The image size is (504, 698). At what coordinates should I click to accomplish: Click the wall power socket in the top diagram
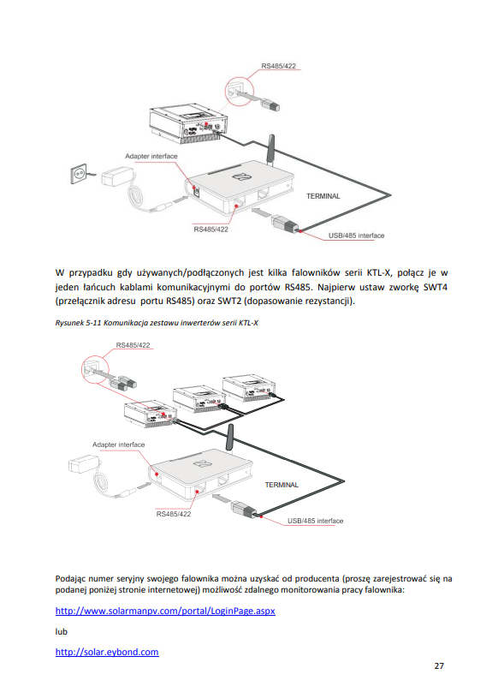point(80,174)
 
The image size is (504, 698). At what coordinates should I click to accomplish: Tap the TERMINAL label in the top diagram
point(323,196)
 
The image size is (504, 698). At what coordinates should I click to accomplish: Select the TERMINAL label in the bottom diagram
point(282,485)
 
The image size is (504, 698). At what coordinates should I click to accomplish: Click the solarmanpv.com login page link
point(165,611)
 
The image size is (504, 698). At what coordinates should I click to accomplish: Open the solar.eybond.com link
point(107,652)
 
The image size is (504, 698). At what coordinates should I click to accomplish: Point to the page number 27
point(439,666)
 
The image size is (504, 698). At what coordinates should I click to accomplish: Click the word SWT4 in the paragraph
point(435,287)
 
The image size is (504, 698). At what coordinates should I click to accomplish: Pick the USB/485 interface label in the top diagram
point(356,236)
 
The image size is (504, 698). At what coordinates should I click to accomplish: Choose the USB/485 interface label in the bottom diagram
point(316,521)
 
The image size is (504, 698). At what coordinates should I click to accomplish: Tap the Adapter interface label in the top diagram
point(151,156)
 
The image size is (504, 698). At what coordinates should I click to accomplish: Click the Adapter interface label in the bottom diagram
point(118,444)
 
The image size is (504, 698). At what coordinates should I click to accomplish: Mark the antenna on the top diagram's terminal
point(270,150)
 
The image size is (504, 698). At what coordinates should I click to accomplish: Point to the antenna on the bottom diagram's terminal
point(230,438)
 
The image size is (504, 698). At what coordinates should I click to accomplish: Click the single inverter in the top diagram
point(188,122)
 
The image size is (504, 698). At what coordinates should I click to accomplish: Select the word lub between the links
point(62,632)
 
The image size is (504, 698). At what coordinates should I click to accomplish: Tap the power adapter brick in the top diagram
point(117,176)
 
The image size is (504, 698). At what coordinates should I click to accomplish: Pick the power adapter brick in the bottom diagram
point(83,464)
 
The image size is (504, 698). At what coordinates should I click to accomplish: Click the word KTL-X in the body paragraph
point(379,273)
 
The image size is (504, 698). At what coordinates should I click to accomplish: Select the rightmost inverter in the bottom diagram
point(249,388)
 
